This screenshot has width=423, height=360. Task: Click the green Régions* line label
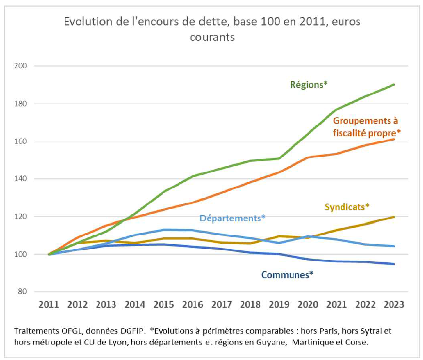[x=309, y=84]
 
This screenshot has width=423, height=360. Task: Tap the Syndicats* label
[x=347, y=207]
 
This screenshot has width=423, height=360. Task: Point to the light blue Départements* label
[x=233, y=218]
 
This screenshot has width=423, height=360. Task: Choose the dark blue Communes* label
[x=287, y=275]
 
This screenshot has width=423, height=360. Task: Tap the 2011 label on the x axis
[x=49, y=305]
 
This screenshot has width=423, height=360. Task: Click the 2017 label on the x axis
[x=222, y=305]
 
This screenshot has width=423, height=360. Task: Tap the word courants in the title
[x=212, y=37]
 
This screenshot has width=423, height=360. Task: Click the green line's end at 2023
[x=394, y=84]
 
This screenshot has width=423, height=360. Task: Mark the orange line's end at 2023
[x=394, y=139]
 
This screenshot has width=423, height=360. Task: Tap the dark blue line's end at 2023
[x=394, y=264]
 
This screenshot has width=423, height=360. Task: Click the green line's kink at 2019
[x=279, y=158]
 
